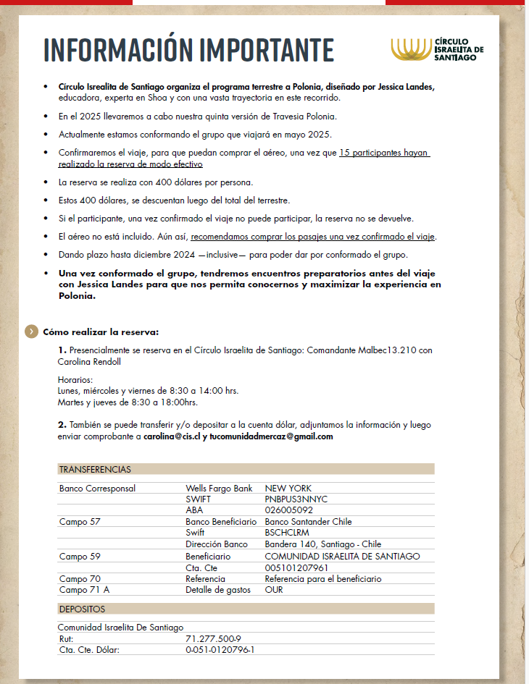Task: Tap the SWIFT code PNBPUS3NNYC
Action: tap(296, 499)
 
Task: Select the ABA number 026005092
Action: tap(290, 510)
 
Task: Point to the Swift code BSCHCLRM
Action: tap(287, 533)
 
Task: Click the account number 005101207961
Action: tap(296, 567)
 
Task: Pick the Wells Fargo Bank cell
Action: tap(219, 489)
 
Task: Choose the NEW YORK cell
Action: tap(288, 489)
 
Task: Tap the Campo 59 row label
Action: tap(80, 556)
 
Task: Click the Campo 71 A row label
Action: tap(84, 590)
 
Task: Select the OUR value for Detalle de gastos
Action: tap(274, 590)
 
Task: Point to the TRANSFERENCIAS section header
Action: tap(95, 469)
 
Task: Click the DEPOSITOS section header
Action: tap(82, 609)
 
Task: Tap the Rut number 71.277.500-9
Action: tap(213, 639)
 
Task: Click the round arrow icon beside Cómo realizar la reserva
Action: tap(31, 332)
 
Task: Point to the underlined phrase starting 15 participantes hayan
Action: tap(385, 153)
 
